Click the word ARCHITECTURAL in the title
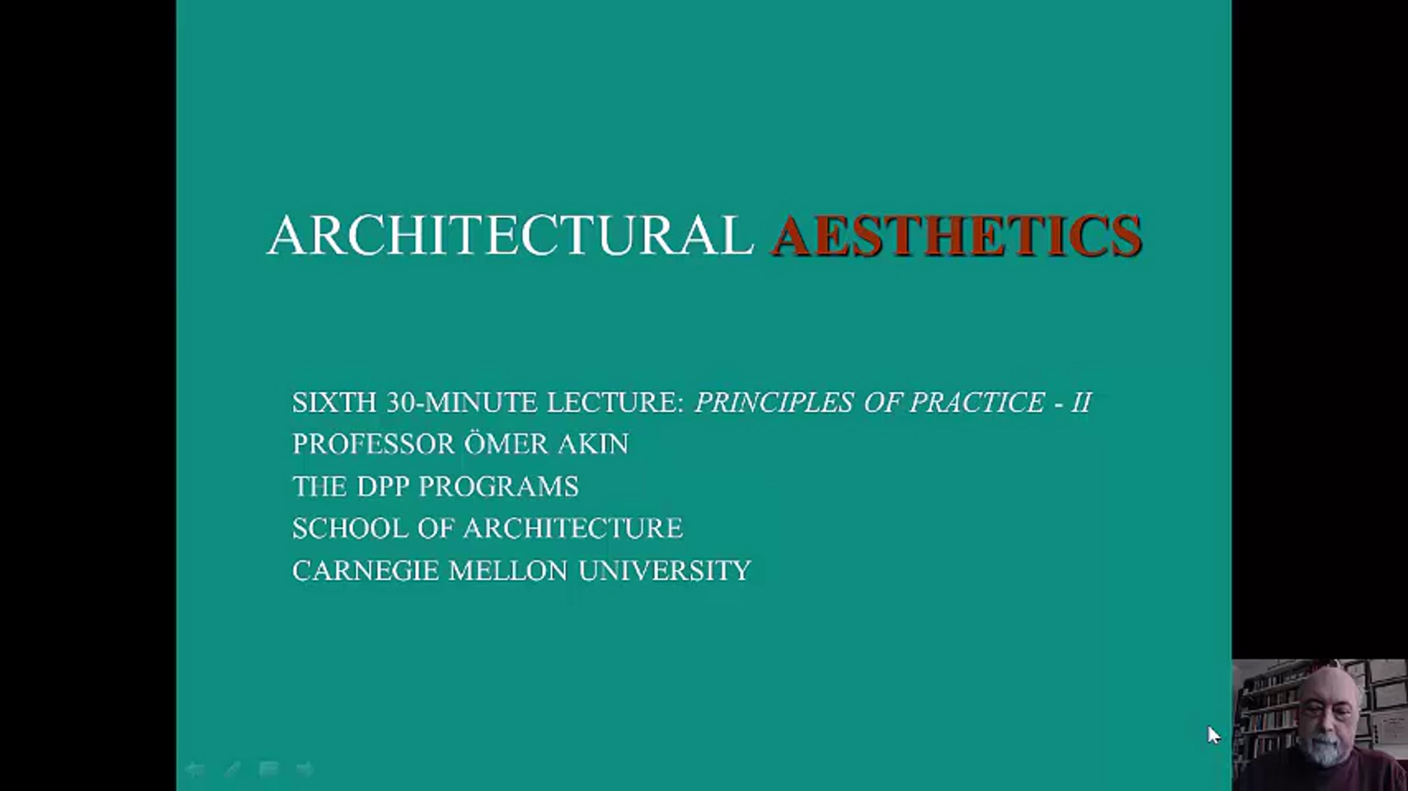(510, 235)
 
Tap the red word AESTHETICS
(956, 235)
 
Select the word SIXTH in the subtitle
(334, 402)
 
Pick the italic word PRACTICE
(977, 402)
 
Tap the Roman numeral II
(1081, 402)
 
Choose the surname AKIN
(593, 444)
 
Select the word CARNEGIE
(365, 571)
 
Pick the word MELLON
(509, 571)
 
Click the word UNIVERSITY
(665, 571)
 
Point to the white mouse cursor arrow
(1213, 735)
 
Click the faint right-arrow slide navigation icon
(305, 769)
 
